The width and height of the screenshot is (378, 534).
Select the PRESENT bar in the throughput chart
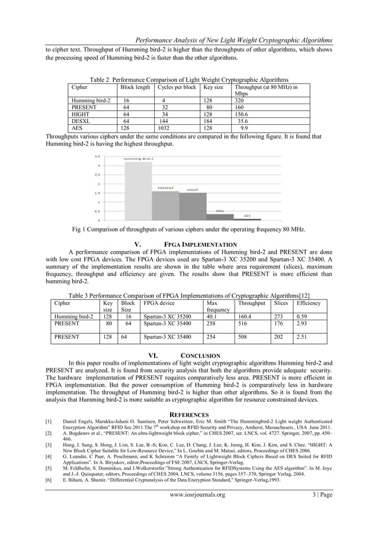coord(166,205)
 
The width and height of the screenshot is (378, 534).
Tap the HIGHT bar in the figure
coord(192,206)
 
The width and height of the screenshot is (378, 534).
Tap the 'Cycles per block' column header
coord(177,87)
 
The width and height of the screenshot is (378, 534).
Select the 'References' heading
coord(189,414)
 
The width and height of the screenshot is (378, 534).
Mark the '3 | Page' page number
coord(317,510)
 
